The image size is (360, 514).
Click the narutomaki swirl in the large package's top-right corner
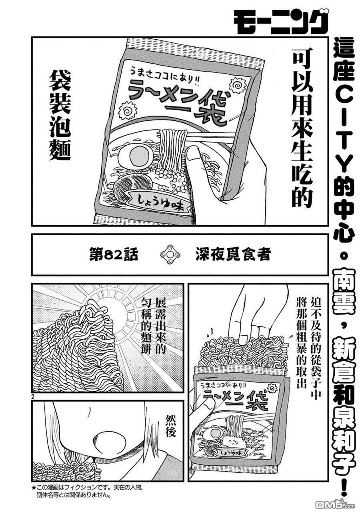point(238,85)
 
